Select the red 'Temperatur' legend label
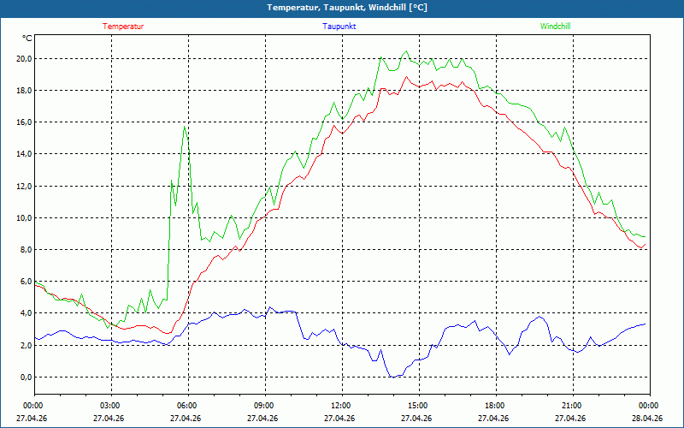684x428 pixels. coord(123,27)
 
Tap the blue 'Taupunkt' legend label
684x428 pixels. coord(339,27)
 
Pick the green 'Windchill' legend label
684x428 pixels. coord(556,27)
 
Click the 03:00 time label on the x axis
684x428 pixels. coord(110,406)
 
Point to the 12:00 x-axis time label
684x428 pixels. coord(341,406)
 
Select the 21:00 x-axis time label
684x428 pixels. coord(572,406)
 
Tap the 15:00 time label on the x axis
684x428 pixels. coord(418,406)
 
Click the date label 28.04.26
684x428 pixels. coord(648,419)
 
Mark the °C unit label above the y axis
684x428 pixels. coord(27,39)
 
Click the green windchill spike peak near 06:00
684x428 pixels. coord(184,128)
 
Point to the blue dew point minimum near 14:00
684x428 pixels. coord(392,377)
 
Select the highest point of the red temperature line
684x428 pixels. coord(407,77)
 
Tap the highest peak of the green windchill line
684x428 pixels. coord(406,51)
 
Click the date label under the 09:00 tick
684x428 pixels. coord(263,419)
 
